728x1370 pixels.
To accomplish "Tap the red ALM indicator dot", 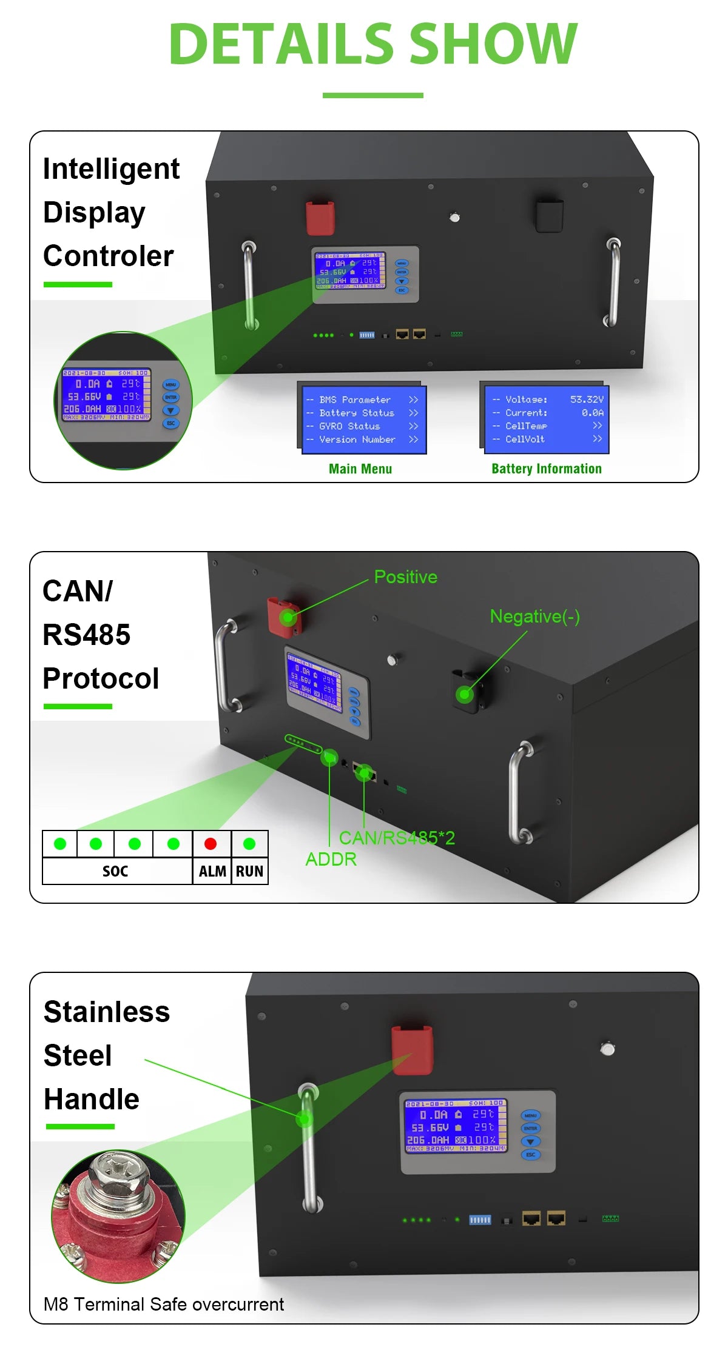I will pos(211,844).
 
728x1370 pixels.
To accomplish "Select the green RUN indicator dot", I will pos(249,844).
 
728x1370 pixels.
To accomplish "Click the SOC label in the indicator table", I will pos(115,872).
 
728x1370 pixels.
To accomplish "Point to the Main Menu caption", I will pos(360,469).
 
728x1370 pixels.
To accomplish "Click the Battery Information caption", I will pos(547,469).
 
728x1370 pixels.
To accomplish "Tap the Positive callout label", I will pos(405,577).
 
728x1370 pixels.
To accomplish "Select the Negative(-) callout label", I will pos(534,616).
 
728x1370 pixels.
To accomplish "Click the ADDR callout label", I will pos(331,860).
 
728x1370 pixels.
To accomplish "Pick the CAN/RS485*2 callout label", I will pos(397,838).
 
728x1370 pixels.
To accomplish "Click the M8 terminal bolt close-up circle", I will pos(118,1216).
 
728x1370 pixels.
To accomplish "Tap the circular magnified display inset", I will pos(123,400).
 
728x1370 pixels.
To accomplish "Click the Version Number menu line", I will pos(357,439).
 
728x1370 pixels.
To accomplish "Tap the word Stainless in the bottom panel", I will pos(107,1012).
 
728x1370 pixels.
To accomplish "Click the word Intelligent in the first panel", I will pos(111,169).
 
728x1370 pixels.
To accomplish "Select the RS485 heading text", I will pos(87,635).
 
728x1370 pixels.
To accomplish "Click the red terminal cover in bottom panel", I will pos(413,1050).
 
